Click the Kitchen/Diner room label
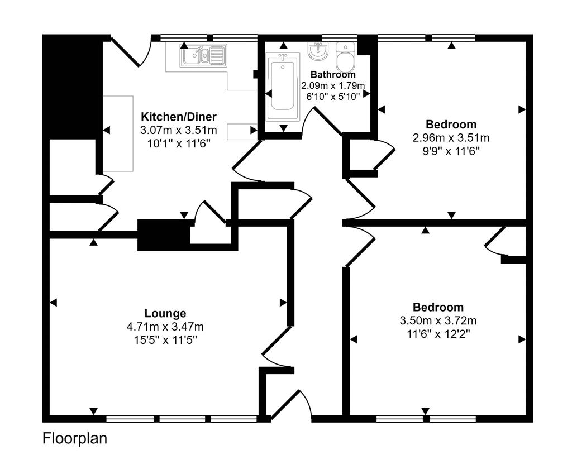pos(178,117)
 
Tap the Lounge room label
pos(165,313)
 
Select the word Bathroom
pos(333,74)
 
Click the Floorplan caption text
pos(74,439)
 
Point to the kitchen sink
pos(202,55)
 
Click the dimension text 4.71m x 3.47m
pos(165,327)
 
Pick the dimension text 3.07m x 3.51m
pos(178,130)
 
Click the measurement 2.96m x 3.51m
pos(451,137)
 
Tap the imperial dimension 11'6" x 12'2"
pos(438,334)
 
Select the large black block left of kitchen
pos(72,87)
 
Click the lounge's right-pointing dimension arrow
pos(283,303)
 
